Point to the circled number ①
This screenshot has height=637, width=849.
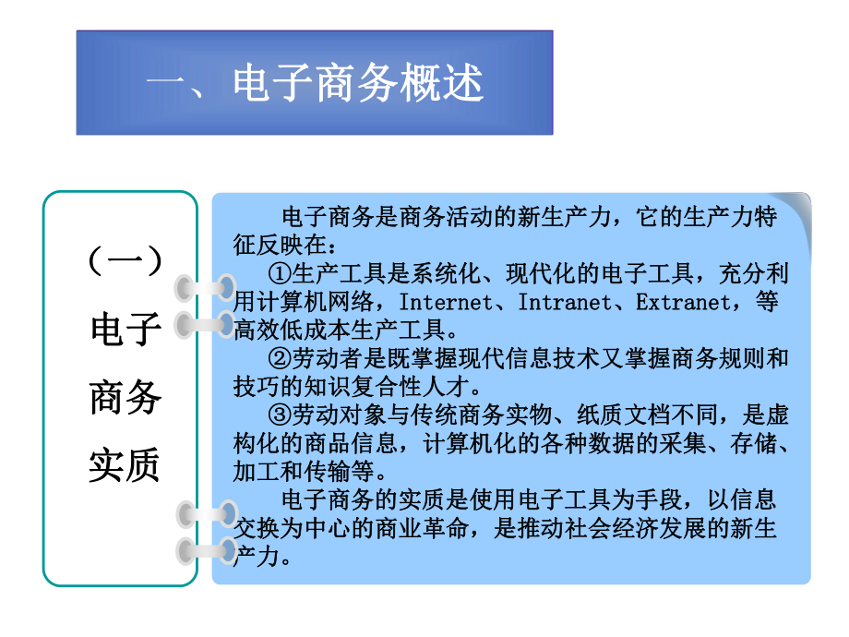(281, 273)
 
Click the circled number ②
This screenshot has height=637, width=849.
(281, 357)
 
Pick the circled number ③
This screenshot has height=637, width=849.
(281, 415)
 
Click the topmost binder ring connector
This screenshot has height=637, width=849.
(207, 287)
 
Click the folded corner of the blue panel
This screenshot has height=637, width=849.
(795, 209)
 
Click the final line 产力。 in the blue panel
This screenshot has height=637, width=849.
(264, 556)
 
